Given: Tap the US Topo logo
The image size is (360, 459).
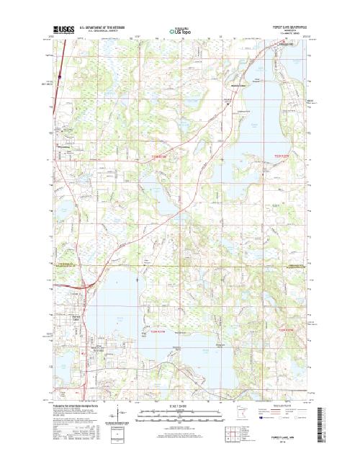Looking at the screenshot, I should [x=180, y=31].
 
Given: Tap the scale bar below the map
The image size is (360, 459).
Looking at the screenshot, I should [x=180, y=414].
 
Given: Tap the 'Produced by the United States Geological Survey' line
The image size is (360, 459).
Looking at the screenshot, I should [x=79, y=406].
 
